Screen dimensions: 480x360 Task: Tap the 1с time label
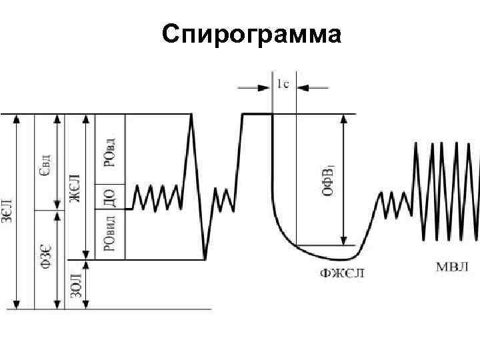[283, 84]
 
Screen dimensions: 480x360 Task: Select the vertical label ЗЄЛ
[6, 212]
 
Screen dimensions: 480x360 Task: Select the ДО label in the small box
[110, 197]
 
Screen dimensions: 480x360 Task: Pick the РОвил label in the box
[110, 231]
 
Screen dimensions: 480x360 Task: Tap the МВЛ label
[451, 267]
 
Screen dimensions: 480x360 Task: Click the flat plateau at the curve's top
[257, 114]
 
